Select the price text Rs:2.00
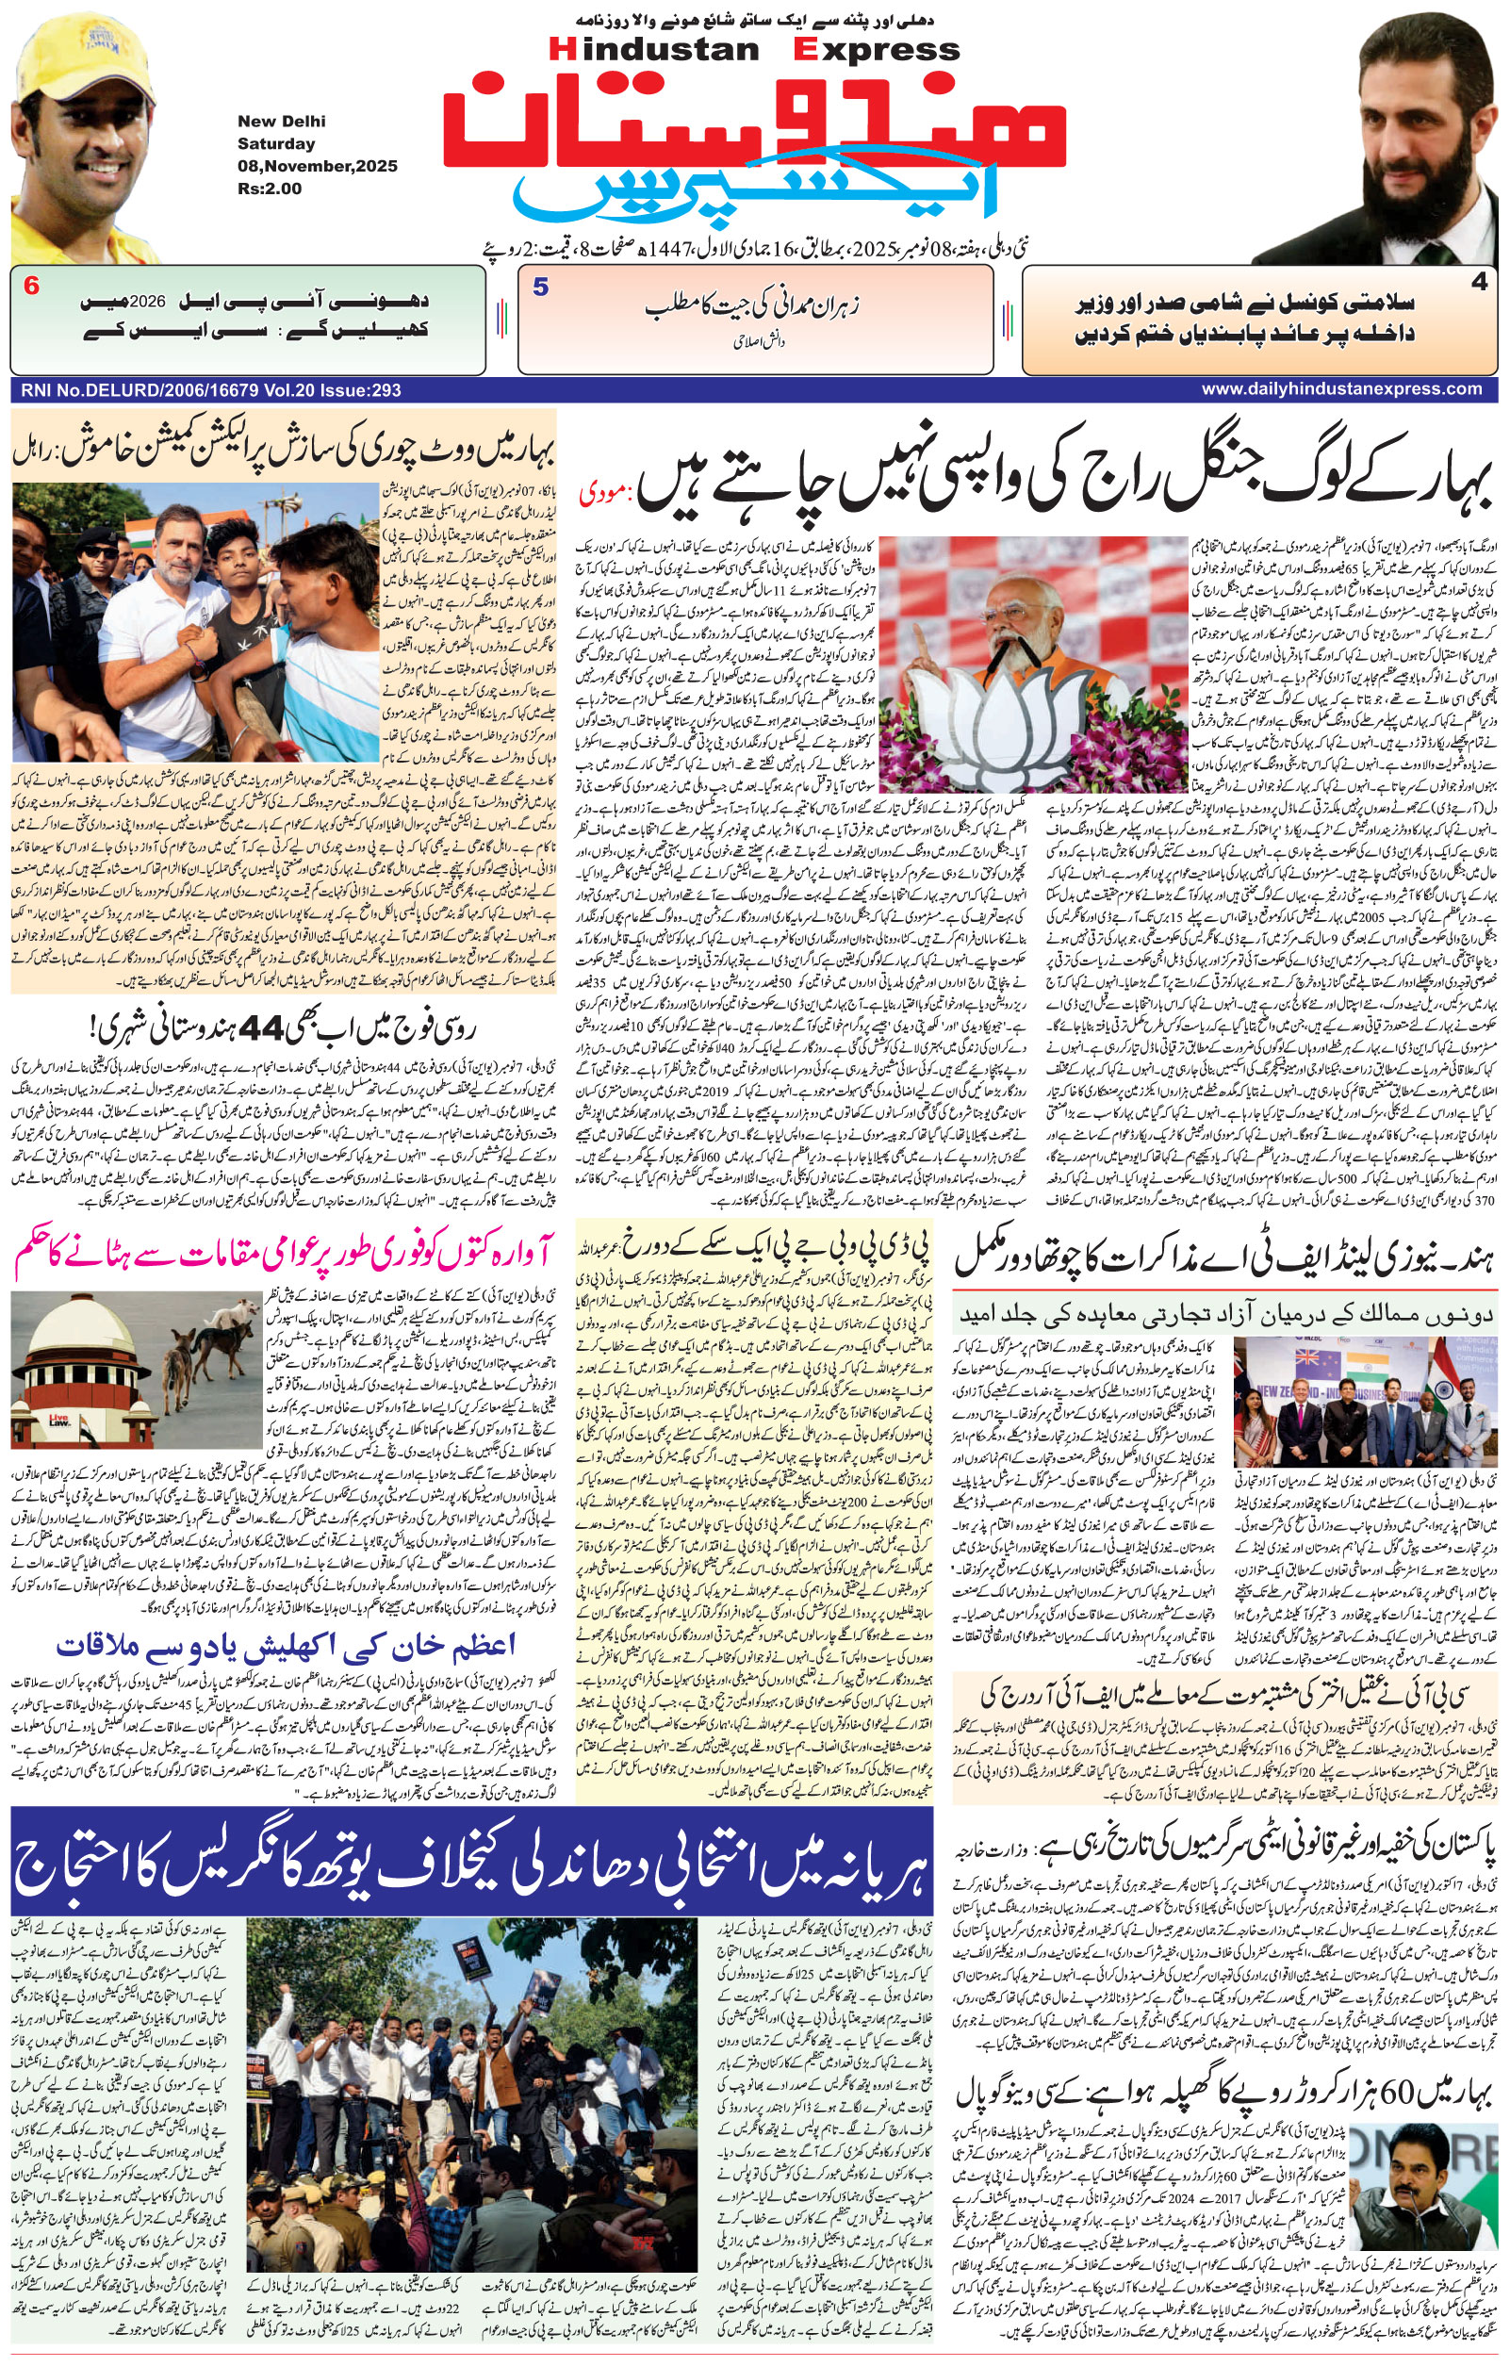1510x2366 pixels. point(270,188)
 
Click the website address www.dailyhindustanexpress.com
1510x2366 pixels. point(1342,389)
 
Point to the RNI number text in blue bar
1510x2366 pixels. point(210,390)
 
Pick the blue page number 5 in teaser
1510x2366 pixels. point(540,287)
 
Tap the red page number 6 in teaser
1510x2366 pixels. point(31,287)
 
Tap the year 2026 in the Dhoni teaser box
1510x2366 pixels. point(147,301)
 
